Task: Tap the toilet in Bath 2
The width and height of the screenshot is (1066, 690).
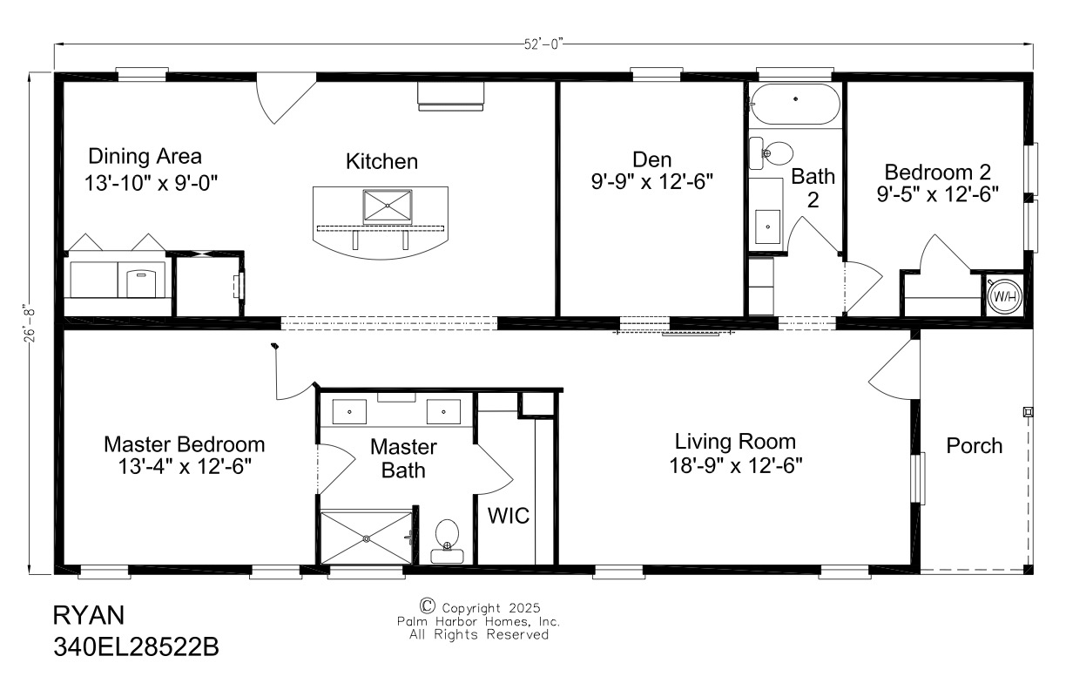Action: coord(771,153)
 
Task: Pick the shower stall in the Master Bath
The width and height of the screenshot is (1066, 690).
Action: coord(366,538)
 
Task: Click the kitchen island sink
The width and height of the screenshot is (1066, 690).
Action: coord(388,206)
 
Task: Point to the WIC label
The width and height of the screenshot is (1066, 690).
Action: coord(508,516)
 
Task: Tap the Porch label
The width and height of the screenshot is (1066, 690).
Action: coord(975,446)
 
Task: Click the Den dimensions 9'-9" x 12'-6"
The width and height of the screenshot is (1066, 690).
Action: coord(651,182)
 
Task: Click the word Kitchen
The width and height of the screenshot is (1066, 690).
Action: coord(381,161)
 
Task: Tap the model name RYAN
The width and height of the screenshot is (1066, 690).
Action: coord(89,615)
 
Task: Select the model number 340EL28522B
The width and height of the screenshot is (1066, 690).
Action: coord(134,647)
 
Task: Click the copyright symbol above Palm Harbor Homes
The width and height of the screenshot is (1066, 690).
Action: coord(427,605)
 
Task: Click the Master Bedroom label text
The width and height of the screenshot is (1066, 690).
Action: coord(184,444)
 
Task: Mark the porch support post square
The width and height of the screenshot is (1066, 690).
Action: coord(1028,411)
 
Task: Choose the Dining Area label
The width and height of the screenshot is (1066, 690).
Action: coord(145,157)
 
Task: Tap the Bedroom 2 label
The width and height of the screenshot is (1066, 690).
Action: coord(937,172)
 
